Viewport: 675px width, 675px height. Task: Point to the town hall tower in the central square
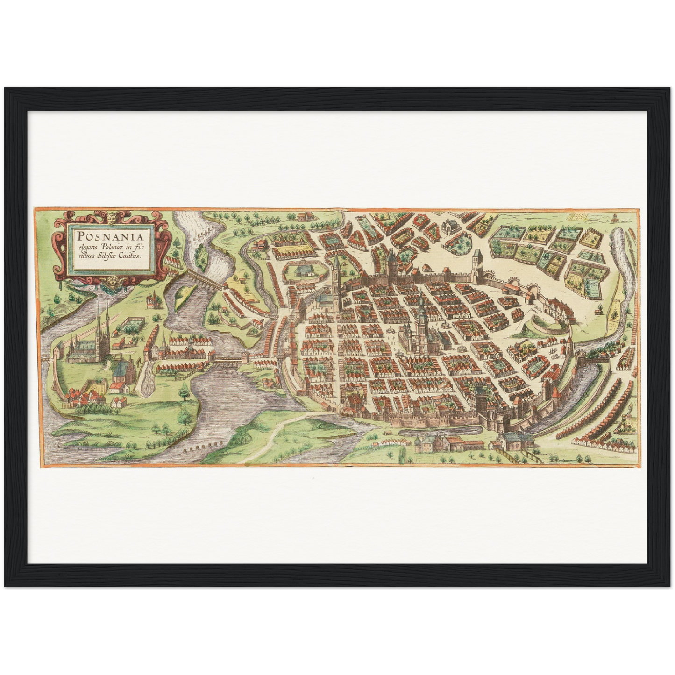click(422, 313)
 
